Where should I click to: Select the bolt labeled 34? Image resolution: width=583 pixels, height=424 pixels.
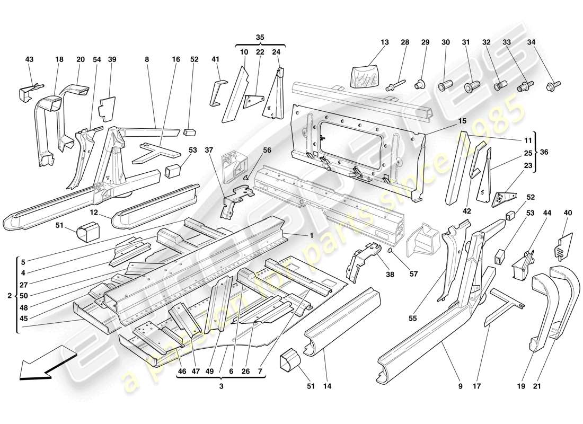[553, 84]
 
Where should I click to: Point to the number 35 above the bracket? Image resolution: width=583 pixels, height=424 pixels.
[260, 37]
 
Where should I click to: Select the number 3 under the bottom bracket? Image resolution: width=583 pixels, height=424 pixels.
[221, 386]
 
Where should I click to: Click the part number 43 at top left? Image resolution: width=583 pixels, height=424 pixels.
[29, 60]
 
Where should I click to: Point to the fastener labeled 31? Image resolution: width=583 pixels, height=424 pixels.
[471, 86]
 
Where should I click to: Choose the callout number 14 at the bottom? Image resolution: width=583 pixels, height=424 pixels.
[327, 386]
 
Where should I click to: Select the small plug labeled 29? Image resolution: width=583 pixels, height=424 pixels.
[421, 82]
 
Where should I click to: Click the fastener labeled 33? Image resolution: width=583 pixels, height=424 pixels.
[526, 85]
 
